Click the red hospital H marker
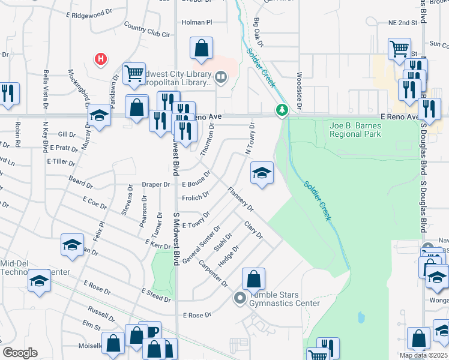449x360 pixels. pos(101,59)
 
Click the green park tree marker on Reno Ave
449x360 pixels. pos(282,110)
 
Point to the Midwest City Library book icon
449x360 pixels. pos(221,76)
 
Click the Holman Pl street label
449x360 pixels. pos(197,22)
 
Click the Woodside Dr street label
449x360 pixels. pos(298,88)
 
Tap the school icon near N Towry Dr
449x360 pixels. pos(261,173)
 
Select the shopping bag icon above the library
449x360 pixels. pos(202,47)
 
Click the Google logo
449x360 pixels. pos(20,353)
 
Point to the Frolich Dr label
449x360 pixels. pos(194,196)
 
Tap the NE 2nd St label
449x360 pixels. pos(403,22)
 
